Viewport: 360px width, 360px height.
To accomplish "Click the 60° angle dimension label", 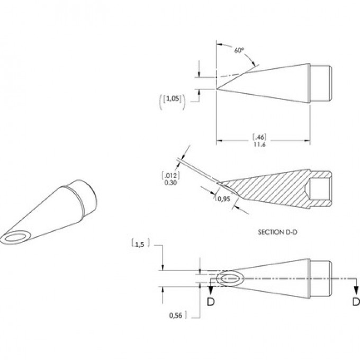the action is (x=239, y=50).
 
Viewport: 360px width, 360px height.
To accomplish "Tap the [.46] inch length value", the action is (x=259, y=137).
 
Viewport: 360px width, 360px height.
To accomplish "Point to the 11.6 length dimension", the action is (x=259, y=145).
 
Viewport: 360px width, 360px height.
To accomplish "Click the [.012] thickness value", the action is (x=171, y=176).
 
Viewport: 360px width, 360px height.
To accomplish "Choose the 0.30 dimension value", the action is (x=170, y=183).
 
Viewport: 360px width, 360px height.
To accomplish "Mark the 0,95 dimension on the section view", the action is (x=224, y=199).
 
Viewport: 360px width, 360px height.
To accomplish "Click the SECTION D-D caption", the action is (x=277, y=232).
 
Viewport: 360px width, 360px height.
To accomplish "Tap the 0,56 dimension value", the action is (x=176, y=316).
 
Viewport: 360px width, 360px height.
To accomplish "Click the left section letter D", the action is (x=211, y=302).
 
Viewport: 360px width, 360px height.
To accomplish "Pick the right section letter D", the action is (x=356, y=302).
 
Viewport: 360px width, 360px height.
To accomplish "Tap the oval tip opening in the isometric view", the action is (x=15, y=238).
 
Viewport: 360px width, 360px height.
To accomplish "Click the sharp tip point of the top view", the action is (x=217, y=89).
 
